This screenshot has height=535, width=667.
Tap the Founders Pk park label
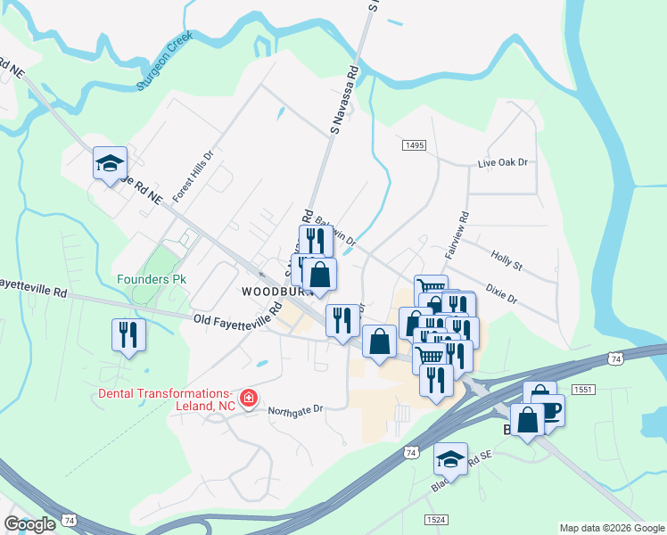152,279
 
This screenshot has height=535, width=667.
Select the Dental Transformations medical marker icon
249,398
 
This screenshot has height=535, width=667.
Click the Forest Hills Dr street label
194,176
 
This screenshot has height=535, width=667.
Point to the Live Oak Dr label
503,163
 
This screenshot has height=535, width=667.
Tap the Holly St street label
506,259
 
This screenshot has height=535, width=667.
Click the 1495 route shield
414,145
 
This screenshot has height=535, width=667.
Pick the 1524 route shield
436,518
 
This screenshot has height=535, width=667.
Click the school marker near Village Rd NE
110,163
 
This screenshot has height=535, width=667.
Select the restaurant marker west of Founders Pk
128,334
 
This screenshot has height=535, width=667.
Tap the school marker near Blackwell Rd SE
450,459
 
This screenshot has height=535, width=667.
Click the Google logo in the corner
29,524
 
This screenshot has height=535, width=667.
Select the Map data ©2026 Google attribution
612,528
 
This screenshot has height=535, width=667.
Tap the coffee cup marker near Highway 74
549,410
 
